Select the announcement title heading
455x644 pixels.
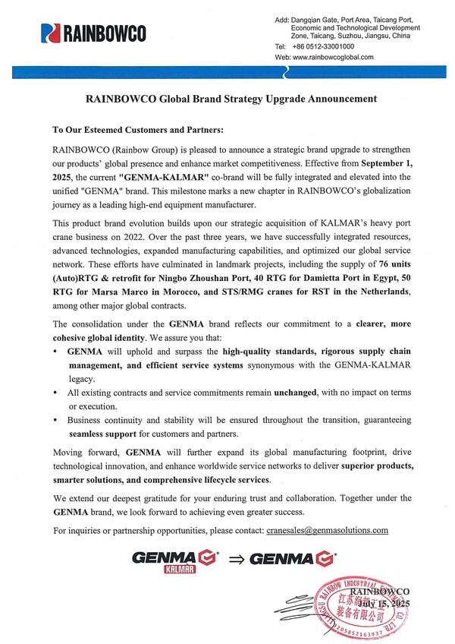click(230, 99)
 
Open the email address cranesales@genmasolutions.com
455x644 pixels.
click(328, 530)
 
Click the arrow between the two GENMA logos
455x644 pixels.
click(236, 561)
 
